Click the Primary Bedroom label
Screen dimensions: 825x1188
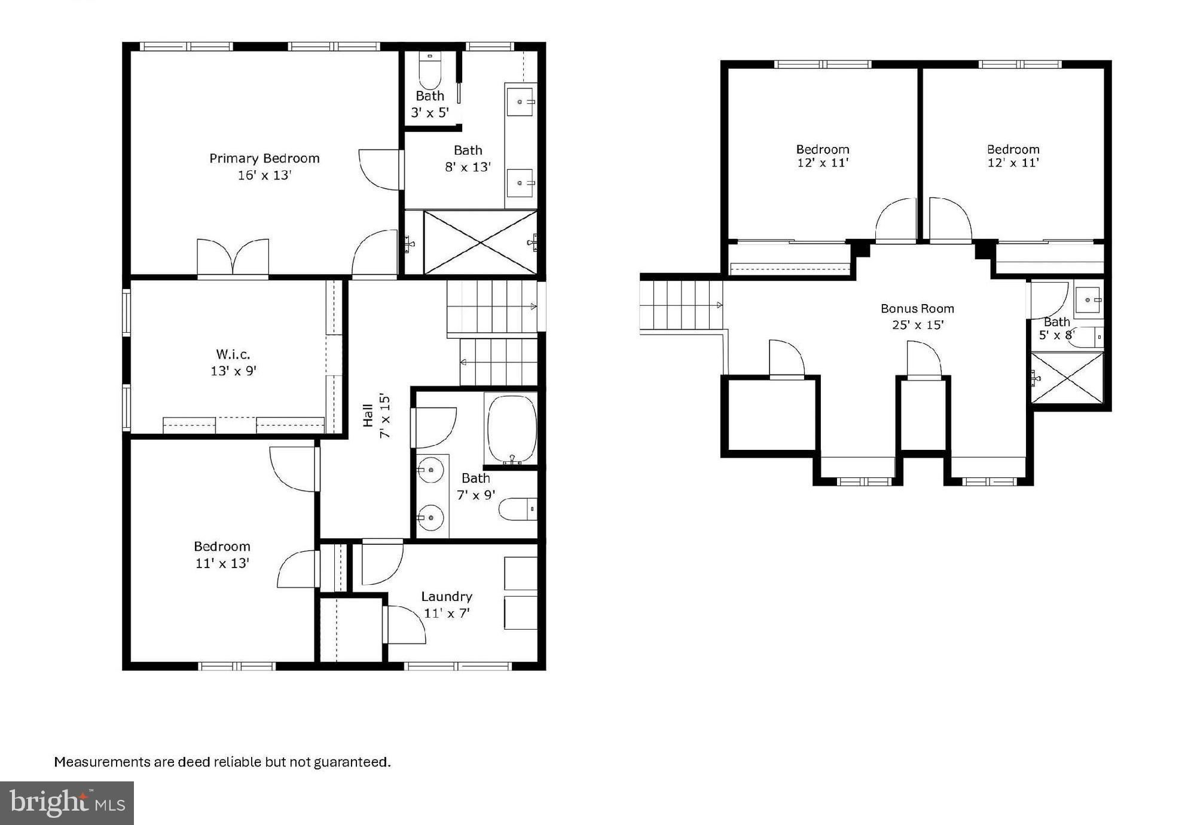coord(264,158)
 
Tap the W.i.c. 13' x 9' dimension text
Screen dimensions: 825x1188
coord(233,371)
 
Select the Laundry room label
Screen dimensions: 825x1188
coord(447,596)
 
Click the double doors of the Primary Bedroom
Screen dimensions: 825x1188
coord(233,257)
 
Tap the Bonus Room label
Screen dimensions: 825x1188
coord(917,309)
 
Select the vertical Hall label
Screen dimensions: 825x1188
coord(368,416)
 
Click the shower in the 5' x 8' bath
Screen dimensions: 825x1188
coord(1067,378)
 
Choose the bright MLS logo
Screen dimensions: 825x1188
coord(67,803)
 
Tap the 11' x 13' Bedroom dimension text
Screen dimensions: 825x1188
coord(222,563)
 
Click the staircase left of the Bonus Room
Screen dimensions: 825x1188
coord(682,305)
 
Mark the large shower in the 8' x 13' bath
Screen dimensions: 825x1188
coord(480,242)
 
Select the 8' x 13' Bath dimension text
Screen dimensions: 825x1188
coord(468,167)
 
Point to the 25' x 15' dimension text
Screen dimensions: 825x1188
coord(917,325)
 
